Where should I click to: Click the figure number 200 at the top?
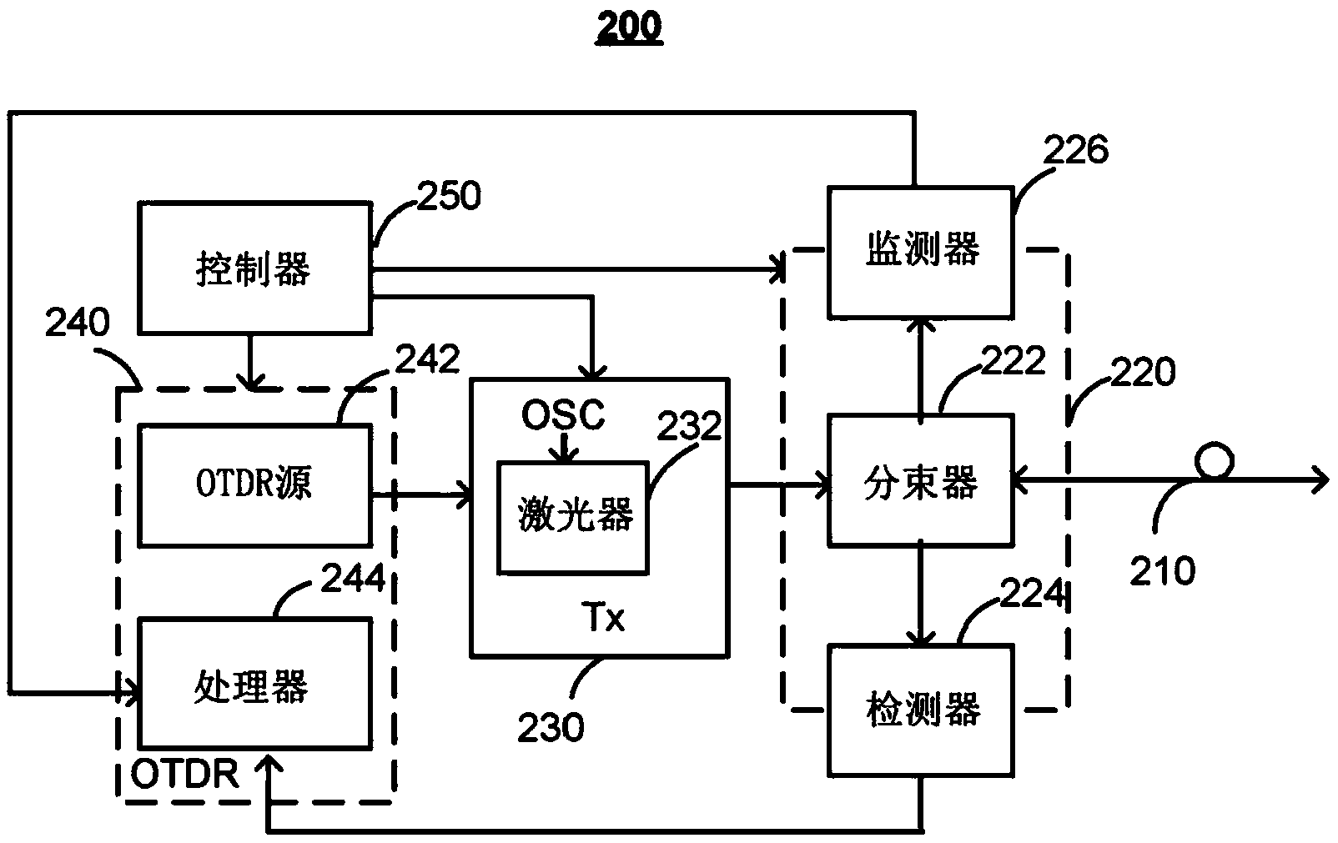coord(629,26)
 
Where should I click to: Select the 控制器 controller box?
coord(254,268)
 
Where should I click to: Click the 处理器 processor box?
coord(254,683)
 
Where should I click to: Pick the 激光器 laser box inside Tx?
coord(572,517)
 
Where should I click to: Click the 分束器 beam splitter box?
coord(920,482)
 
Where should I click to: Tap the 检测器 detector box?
coord(920,710)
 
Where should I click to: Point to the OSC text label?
coord(563,414)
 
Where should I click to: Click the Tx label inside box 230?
coord(602,619)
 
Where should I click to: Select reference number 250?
coord(449,197)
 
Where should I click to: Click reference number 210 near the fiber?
coord(1163,571)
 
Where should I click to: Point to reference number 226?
coord(1076,150)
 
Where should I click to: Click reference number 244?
coord(354,579)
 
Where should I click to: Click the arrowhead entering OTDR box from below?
coord(268,766)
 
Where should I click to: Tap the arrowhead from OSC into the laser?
coord(565,456)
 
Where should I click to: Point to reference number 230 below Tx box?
coord(551,727)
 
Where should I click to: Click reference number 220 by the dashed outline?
coord(1143,371)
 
